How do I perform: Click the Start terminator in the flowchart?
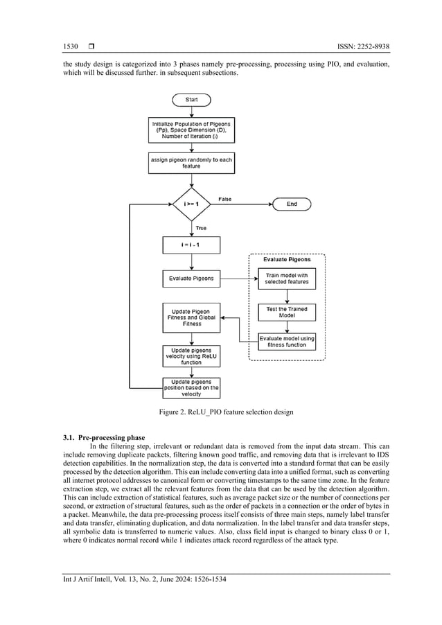pyautogui.click(x=191, y=100)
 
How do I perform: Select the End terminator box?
pyautogui.click(x=292, y=204)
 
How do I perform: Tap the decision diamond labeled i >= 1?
pyautogui.click(x=191, y=204)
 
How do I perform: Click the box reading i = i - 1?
pyautogui.click(x=191, y=245)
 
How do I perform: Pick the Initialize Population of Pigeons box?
pyautogui.click(x=191, y=130)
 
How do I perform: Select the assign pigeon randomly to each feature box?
pyautogui.click(x=191, y=164)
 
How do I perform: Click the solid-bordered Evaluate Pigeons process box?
pyautogui.click(x=191, y=280)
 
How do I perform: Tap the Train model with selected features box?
pyautogui.click(x=286, y=280)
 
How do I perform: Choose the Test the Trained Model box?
pyautogui.click(x=286, y=312)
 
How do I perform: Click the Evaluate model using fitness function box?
pyautogui.click(x=286, y=342)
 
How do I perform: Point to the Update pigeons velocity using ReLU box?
pyautogui.click(x=191, y=356)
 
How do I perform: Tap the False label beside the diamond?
pyautogui.click(x=225, y=199)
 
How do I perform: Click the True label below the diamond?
pyautogui.click(x=200, y=228)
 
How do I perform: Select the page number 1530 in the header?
pyautogui.click(x=71, y=47)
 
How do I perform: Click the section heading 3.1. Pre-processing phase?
pyautogui.click(x=104, y=439)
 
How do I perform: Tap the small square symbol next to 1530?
pyautogui.click(x=91, y=47)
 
